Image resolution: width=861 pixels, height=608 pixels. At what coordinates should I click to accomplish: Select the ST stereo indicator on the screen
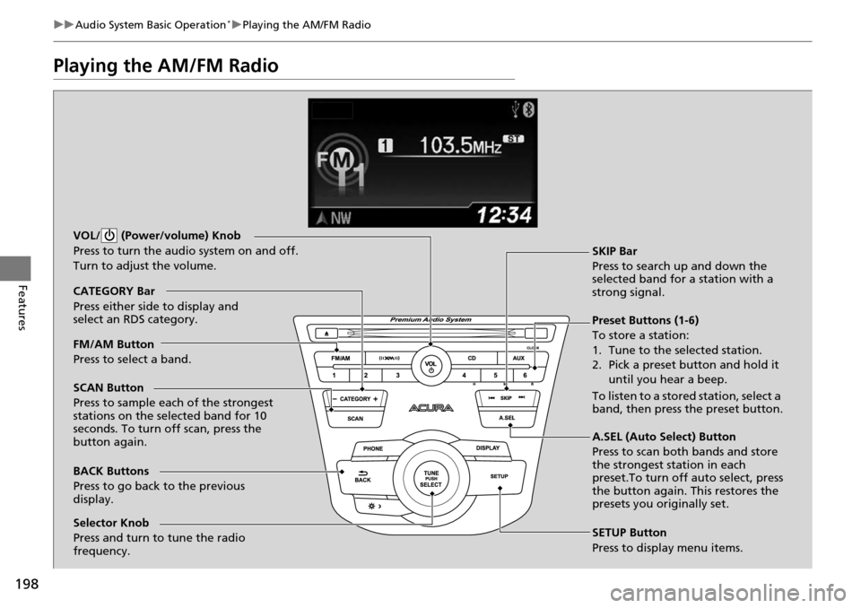pyautogui.click(x=513, y=140)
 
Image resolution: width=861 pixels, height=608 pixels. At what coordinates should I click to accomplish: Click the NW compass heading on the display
pyautogui.click(x=334, y=215)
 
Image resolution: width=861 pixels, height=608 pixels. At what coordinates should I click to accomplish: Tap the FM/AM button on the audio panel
pyautogui.click(x=340, y=358)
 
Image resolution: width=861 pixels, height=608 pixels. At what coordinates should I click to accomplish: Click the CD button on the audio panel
pyautogui.click(x=471, y=358)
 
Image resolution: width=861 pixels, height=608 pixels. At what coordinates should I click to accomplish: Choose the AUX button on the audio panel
pyautogui.click(x=518, y=358)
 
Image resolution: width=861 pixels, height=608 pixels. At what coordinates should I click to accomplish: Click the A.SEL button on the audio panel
pyautogui.click(x=508, y=418)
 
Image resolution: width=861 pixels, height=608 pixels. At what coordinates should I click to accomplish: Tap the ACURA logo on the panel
pyautogui.click(x=432, y=408)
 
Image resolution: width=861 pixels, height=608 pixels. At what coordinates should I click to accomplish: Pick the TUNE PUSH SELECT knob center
pyautogui.click(x=430, y=478)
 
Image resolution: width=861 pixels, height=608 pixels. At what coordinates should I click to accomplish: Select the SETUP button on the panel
pyautogui.click(x=500, y=476)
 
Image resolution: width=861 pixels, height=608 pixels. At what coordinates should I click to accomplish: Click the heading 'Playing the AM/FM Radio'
pyautogui.click(x=166, y=65)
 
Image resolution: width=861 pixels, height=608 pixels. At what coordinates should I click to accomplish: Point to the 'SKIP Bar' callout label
pyautogui.click(x=614, y=251)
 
